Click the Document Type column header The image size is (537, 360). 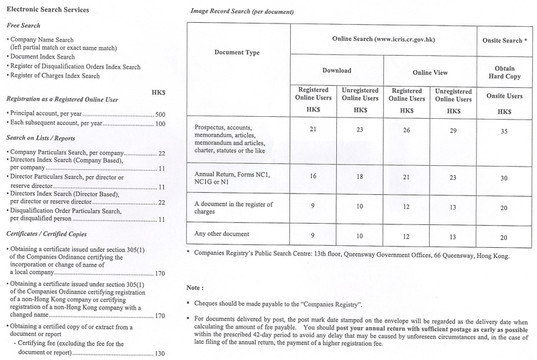(236, 52)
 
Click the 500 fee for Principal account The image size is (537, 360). (160, 115)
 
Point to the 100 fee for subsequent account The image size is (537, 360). (160, 124)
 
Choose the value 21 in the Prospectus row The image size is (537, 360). (313, 129)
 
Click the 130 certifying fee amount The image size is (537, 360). (160, 353)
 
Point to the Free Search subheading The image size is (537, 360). (23, 26)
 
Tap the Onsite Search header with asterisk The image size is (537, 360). (504, 40)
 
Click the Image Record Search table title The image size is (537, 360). (232, 12)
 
